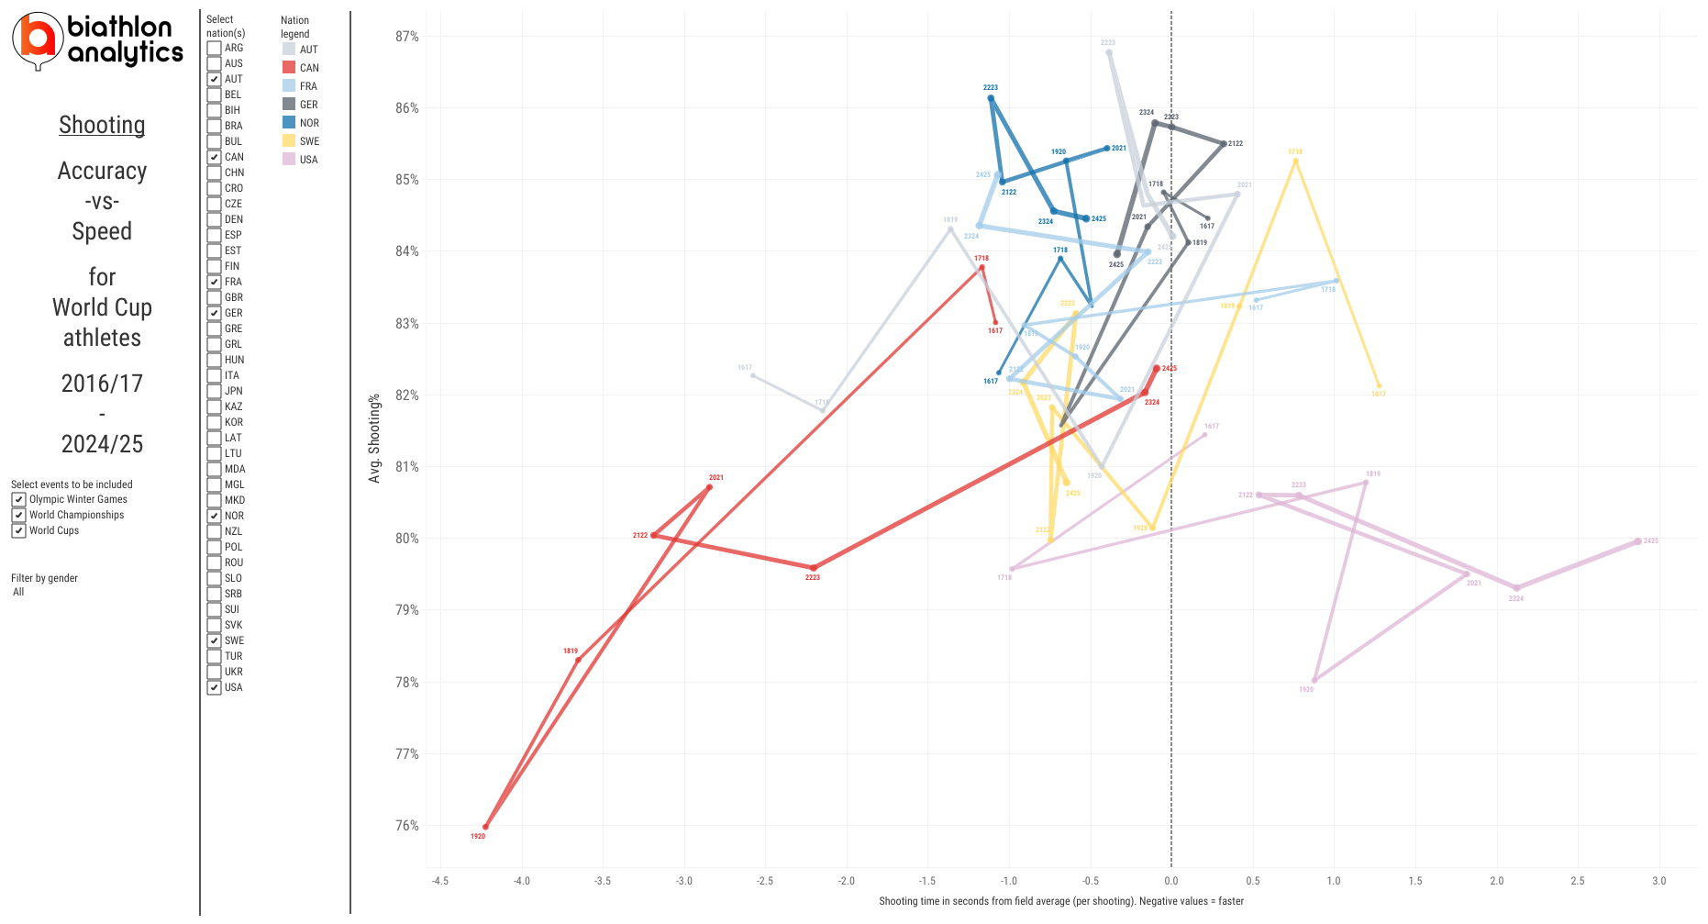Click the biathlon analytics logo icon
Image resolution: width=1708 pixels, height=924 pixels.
(x=38, y=40)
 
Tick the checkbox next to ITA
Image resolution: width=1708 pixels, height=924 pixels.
(x=214, y=375)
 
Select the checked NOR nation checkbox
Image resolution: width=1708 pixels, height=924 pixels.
(x=214, y=516)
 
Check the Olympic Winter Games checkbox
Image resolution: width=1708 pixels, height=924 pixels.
(x=18, y=499)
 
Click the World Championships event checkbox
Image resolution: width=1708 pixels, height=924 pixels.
(x=18, y=515)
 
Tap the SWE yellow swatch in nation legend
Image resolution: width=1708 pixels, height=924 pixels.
(x=289, y=141)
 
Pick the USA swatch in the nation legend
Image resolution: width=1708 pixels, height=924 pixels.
(x=289, y=160)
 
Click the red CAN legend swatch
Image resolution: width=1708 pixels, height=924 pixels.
(x=289, y=68)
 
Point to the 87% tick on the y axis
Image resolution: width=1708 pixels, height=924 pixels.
(x=406, y=37)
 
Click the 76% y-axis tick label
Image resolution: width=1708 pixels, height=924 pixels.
(x=406, y=826)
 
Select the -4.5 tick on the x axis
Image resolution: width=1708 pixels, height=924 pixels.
(x=440, y=881)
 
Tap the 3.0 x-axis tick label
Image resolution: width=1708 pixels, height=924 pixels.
(x=1658, y=881)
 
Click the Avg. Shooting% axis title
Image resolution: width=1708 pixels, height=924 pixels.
(x=374, y=439)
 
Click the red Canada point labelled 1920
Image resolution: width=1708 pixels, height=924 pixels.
(x=485, y=827)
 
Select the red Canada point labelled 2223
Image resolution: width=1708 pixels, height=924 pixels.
(x=813, y=568)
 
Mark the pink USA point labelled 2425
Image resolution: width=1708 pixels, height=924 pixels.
(x=1638, y=541)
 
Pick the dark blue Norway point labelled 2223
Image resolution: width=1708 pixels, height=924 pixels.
(x=991, y=97)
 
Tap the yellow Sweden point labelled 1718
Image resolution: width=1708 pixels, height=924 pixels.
(x=1295, y=161)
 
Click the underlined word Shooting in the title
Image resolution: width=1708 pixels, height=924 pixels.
(x=102, y=125)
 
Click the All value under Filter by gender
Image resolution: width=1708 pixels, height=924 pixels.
(x=18, y=592)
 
